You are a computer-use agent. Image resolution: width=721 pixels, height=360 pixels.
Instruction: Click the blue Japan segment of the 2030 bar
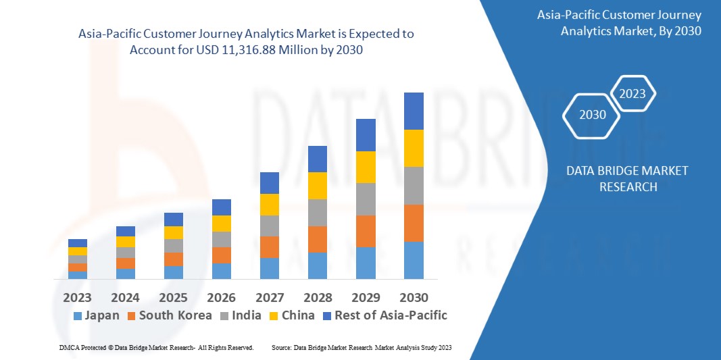coord(414,260)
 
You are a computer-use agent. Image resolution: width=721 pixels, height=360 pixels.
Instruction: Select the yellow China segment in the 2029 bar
coord(366,167)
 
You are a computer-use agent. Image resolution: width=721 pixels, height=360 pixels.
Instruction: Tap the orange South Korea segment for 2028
coord(318,239)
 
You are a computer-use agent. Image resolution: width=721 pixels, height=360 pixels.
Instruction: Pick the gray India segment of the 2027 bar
coord(270,226)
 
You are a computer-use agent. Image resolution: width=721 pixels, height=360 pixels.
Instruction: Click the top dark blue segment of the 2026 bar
coord(222,207)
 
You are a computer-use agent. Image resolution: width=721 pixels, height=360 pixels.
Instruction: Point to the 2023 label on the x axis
coord(78,298)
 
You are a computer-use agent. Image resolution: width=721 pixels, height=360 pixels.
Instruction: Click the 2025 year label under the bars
coord(174,298)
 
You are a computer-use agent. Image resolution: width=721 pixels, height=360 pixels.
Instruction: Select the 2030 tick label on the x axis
coord(414,298)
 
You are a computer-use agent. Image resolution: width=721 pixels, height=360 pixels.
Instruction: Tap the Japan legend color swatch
coord(77,315)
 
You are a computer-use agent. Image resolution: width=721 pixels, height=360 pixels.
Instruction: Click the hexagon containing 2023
coord(632,94)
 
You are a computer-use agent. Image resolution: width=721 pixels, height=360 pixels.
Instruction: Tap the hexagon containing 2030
coord(593,115)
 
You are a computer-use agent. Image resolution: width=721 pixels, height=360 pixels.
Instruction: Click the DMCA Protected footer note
coord(157,347)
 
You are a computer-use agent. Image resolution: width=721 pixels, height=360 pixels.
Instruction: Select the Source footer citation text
coord(361,347)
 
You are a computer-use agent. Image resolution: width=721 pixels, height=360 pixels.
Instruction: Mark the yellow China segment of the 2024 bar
coord(126,242)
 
